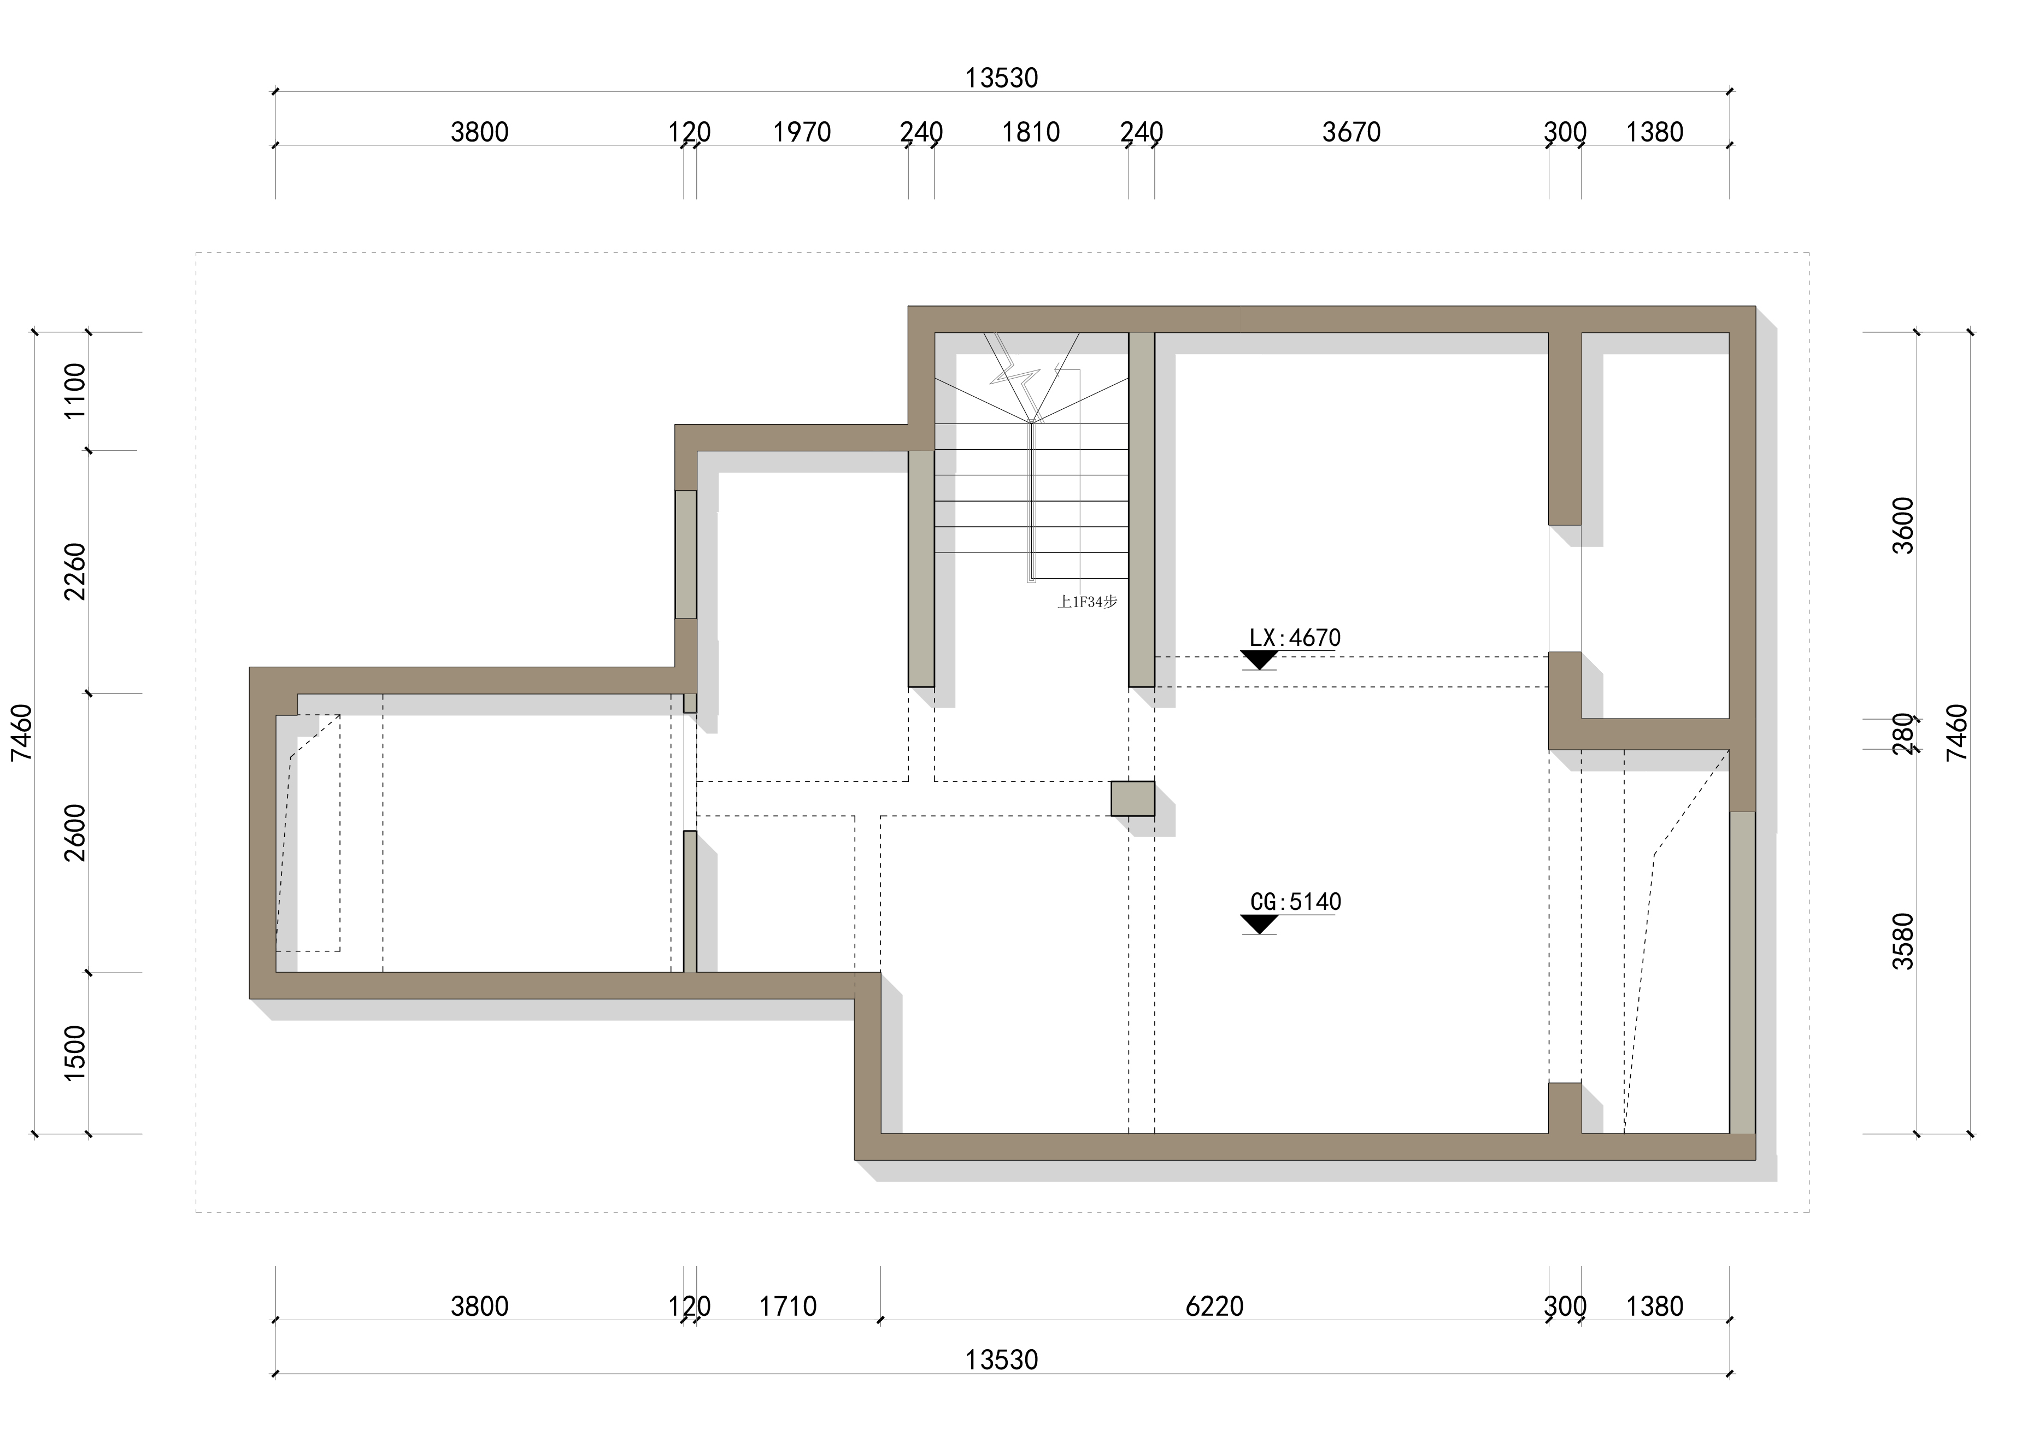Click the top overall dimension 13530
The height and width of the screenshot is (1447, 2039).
[x=1002, y=78]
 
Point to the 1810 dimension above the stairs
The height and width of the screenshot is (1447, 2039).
[x=1031, y=133]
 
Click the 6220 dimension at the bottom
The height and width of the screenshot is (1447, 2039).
[x=1215, y=1307]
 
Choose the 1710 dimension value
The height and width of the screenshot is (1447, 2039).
[x=788, y=1307]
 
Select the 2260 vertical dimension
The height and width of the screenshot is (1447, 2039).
[x=75, y=571]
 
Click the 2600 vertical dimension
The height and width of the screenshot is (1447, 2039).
[x=75, y=832]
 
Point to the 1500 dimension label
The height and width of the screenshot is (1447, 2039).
[x=75, y=1053]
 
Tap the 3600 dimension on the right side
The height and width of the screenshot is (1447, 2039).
[x=1903, y=526]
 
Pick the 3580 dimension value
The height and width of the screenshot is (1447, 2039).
[x=1903, y=941]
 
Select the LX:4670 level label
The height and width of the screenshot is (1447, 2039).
[x=1295, y=638]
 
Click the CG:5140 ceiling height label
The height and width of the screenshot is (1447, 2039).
[x=1295, y=902]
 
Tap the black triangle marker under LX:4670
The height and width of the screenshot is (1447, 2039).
[x=1259, y=660]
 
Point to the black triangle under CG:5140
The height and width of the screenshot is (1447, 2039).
[x=1259, y=924]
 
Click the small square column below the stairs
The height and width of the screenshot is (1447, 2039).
[x=1133, y=798]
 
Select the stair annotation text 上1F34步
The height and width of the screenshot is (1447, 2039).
[x=1087, y=602]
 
